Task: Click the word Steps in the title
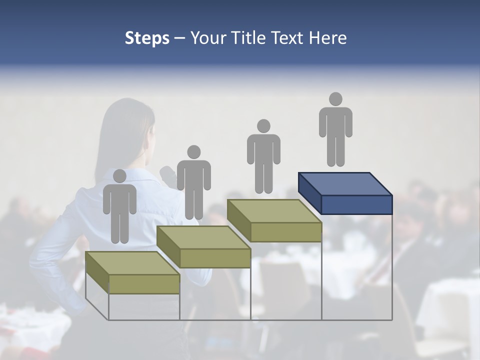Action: (147, 38)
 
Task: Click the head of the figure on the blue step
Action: (335, 99)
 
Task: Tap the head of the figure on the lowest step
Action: (119, 175)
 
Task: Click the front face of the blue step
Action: (356, 204)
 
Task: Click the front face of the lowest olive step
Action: (144, 284)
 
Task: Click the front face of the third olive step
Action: (286, 232)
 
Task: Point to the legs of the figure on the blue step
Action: (335, 150)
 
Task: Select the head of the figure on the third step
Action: (263, 125)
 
